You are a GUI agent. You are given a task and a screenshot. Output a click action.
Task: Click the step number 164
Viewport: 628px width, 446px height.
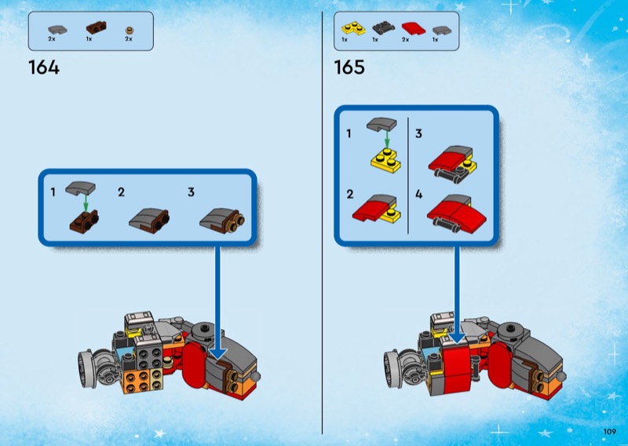tap(44, 68)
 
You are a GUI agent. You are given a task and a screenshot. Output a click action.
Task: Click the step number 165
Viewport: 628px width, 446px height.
tap(349, 67)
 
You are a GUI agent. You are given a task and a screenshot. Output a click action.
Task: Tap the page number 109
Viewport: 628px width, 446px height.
tap(610, 432)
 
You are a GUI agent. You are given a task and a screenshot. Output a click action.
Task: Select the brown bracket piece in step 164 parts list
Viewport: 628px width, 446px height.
tap(96, 28)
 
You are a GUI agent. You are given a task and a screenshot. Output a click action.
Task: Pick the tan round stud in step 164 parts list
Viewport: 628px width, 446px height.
tap(129, 30)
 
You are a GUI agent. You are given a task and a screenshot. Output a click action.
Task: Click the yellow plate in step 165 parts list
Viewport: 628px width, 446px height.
tap(354, 28)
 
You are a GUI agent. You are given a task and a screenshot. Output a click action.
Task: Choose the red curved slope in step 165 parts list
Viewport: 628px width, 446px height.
tap(414, 29)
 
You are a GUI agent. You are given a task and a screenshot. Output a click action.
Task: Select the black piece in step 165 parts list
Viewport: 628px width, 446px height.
tap(384, 28)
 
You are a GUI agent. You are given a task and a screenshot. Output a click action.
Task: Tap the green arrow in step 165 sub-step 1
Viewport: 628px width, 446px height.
tap(386, 139)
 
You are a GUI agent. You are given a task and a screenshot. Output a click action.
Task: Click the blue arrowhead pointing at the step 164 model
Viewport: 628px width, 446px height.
tap(218, 353)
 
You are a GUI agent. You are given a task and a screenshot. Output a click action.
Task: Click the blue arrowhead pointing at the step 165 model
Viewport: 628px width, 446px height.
tap(457, 338)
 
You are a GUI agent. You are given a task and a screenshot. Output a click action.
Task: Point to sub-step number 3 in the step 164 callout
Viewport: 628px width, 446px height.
tap(191, 192)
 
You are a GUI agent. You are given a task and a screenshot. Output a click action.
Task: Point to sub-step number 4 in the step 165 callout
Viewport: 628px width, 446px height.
tap(419, 195)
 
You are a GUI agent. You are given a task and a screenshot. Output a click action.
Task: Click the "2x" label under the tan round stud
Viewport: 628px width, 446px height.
tap(129, 39)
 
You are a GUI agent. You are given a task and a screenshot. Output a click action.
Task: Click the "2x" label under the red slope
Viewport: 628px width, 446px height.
tap(405, 40)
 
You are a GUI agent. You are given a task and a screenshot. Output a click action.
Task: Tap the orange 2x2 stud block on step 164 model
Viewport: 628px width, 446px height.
tap(137, 380)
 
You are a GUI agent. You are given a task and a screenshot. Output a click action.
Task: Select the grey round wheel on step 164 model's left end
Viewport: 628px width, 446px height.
tap(86, 369)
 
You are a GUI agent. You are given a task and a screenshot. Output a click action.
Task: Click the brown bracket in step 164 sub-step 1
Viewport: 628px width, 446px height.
tap(84, 221)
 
